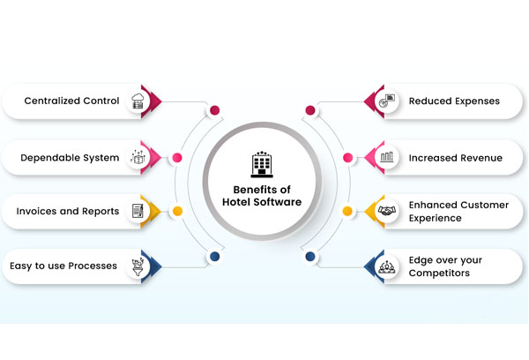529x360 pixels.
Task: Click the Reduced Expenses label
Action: (x=453, y=101)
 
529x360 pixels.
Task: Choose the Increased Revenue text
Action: (x=455, y=158)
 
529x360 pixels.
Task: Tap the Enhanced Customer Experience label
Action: (x=458, y=211)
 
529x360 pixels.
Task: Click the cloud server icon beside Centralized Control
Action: (x=138, y=101)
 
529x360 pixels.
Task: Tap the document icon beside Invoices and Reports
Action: (x=138, y=211)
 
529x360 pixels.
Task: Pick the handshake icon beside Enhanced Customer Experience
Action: (x=387, y=211)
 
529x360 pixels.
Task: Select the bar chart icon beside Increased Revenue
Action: (x=387, y=158)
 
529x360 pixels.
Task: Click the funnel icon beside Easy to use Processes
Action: (x=138, y=265)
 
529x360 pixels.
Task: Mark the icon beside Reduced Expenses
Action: (x=387, y=101)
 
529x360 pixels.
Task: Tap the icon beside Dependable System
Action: (x=138, y=158)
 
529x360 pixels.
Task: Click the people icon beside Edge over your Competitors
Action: (x=387, y=266)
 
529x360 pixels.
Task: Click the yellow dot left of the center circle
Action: (x=177, y=211)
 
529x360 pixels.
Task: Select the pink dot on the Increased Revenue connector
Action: (x=347, y=158)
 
